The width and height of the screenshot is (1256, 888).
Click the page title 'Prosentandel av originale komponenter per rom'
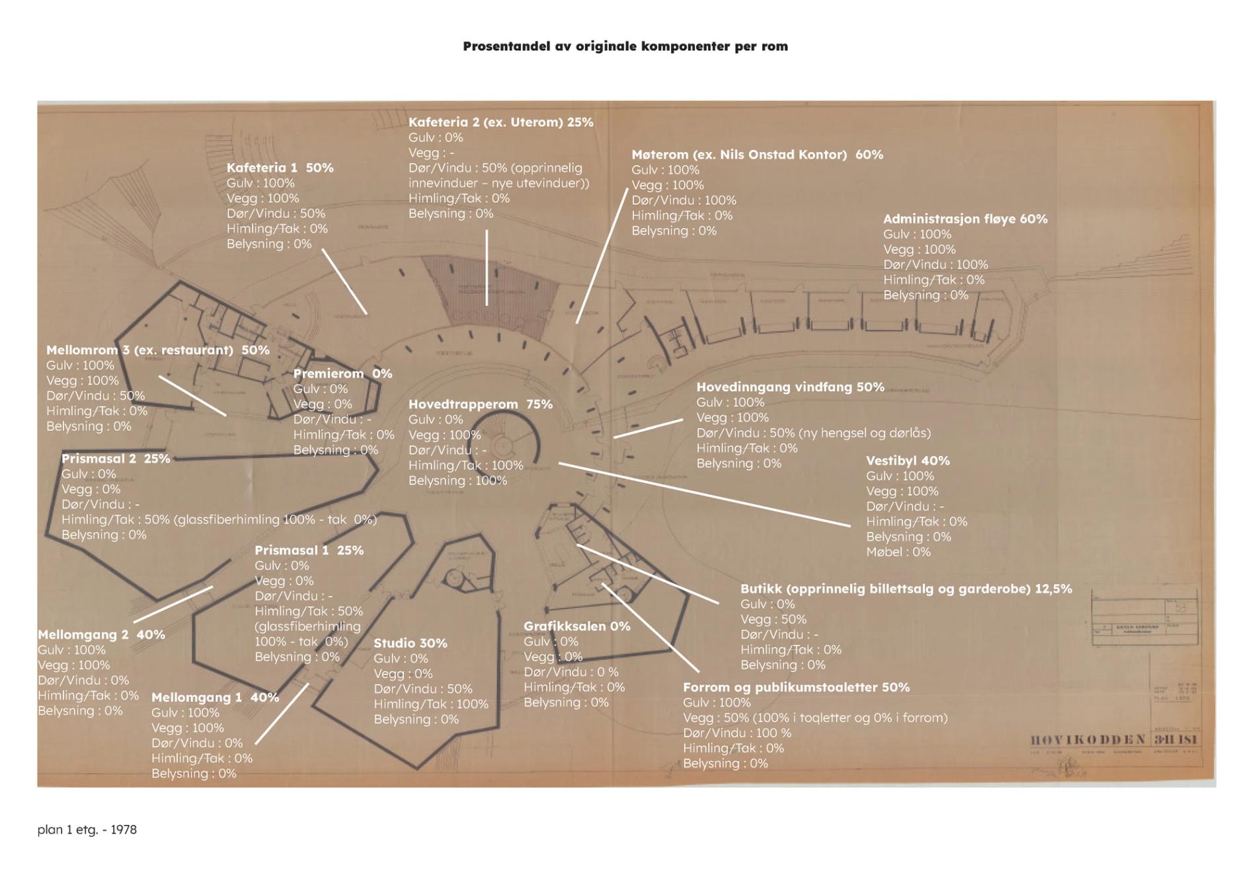click(625, 46)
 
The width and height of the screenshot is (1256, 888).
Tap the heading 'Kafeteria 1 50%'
click(280, 168)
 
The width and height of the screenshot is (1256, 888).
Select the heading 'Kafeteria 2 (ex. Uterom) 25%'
click(500, 122)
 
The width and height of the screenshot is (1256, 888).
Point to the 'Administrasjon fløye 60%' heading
click(965, 219)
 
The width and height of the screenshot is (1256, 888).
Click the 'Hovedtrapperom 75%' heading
click(480, 404)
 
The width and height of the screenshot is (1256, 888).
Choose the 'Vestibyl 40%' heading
click(908, 461)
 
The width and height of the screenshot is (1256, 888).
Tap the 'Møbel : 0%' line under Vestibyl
click(898, 552)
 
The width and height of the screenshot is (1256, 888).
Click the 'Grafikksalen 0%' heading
click(576, 626)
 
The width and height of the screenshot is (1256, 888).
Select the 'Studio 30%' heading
click(410, 643)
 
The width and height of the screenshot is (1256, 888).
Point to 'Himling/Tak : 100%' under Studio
click(430, 704)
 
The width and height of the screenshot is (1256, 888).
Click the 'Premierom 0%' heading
click(342, 373)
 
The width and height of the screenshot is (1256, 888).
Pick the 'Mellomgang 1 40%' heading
click(215, 697)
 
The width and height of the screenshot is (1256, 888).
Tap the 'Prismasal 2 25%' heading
click(116, 458)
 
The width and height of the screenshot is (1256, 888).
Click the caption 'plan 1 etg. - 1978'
click(87, 829)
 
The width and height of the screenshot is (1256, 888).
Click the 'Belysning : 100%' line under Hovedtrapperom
click(457, 480)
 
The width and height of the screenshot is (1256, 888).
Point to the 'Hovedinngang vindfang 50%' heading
click(790, 387)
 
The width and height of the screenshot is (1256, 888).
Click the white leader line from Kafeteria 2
click(487, 268)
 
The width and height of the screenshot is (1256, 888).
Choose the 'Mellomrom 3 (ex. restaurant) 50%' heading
click(157, 350)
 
